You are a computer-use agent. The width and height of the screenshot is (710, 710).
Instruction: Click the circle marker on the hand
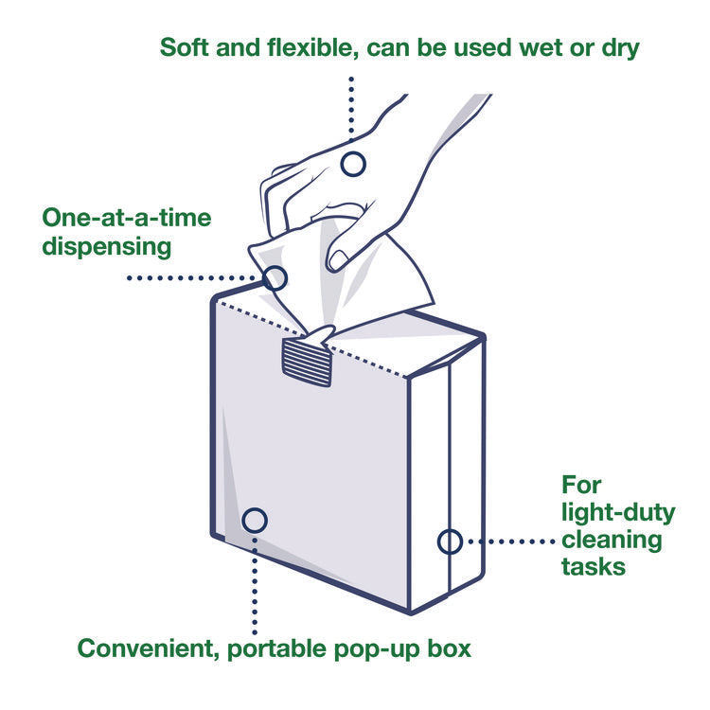point(353,164)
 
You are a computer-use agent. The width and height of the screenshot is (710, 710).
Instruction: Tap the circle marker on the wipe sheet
point(275,278)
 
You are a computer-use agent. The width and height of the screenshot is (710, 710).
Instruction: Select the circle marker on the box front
point(255,520)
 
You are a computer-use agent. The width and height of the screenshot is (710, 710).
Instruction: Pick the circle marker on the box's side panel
point(450,541)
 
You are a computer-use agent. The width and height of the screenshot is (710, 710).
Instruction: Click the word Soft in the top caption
point(185,47)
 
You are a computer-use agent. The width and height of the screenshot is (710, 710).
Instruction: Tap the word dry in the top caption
point(620,47)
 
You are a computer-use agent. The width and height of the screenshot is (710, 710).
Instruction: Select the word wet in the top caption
point(542,47)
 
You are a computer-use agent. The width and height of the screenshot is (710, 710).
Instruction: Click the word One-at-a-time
point(126,219)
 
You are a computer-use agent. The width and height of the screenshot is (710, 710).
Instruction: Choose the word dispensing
point(106,247)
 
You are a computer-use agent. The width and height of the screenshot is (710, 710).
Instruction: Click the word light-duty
point(618,513)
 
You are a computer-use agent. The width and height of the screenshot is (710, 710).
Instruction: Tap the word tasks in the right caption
point(592,566)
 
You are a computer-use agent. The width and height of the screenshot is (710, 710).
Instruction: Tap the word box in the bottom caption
point(452,648)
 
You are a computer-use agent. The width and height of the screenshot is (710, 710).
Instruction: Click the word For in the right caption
point(581,486)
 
